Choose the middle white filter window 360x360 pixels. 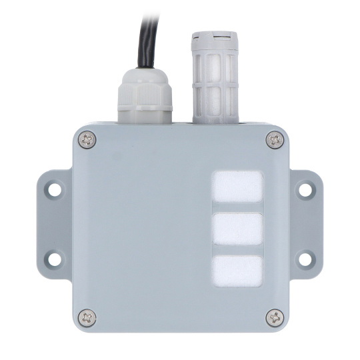click(x=237, y=229)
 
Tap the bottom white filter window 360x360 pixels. click(x=237, y=270)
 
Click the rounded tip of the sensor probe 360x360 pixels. click(x=213, y=36)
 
